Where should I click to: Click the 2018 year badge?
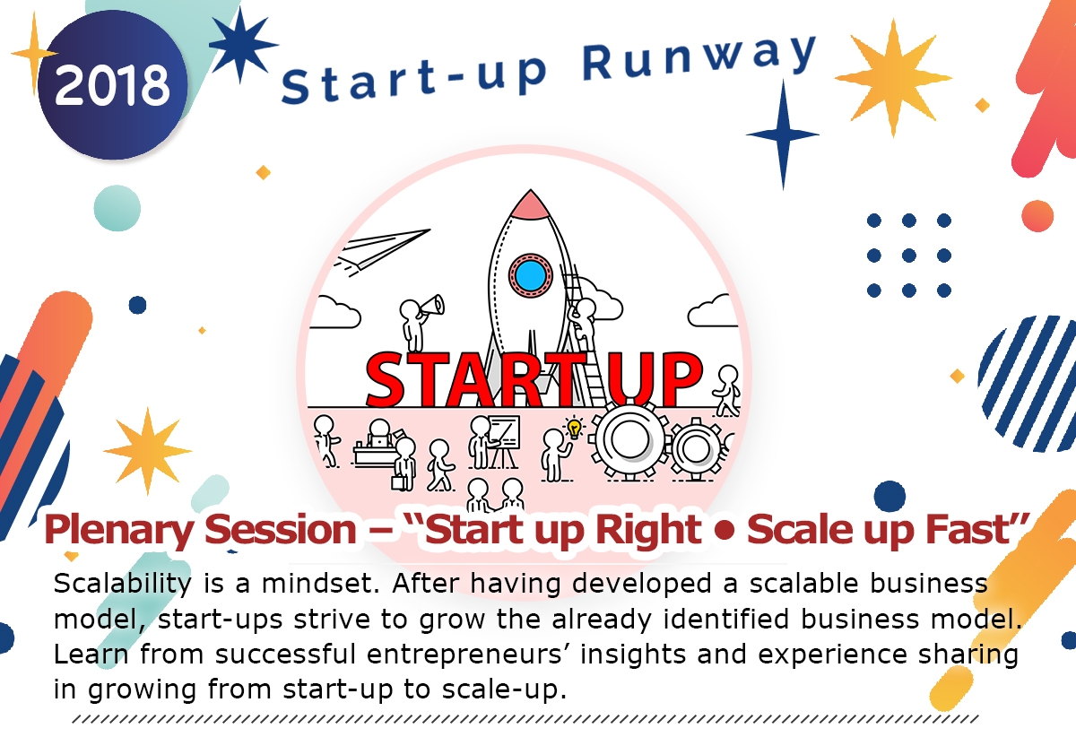click(x=111, y=86)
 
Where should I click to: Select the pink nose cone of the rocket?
click(x=530, y=204)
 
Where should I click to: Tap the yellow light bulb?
click(x=574, y=428)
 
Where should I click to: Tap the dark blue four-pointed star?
click(x=783, y=134)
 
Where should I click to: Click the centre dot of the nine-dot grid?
click(x=908, y=256)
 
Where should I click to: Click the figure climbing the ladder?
click(x=585, y=323)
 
